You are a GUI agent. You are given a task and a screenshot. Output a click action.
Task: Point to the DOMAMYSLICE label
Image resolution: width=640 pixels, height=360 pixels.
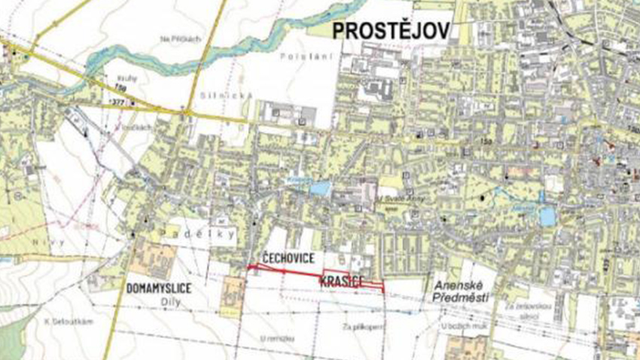(158, 288)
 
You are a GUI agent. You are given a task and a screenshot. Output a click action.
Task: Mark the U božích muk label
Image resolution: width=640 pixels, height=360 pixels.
(461, 325)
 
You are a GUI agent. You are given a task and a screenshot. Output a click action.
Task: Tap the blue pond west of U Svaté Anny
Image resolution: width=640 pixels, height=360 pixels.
(318, 188)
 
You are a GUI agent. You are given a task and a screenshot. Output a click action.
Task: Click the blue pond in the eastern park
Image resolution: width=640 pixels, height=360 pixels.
(547, 216)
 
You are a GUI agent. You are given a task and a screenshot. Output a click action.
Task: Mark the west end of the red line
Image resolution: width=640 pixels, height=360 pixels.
(248, 267)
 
